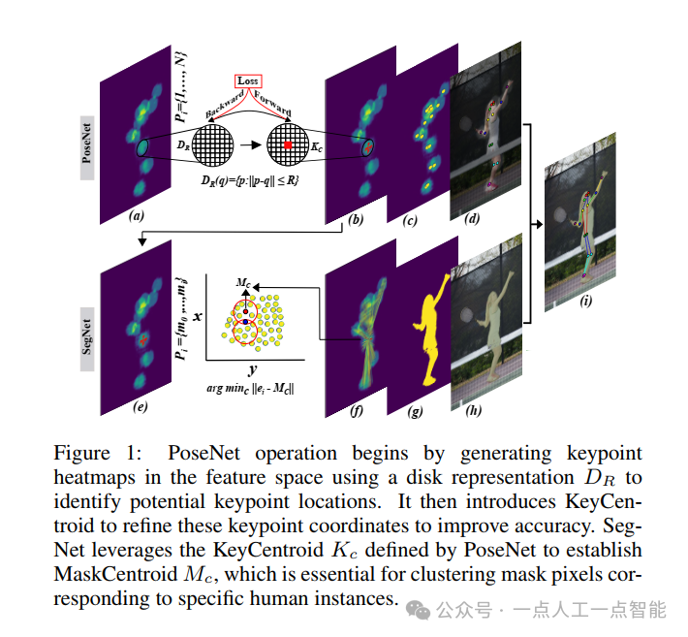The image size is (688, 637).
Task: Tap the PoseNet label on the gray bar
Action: [87, 145]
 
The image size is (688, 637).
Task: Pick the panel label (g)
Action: [416, 410]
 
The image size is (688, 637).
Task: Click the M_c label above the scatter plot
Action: [245, 281]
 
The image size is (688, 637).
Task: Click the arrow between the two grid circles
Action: [250, 145]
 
